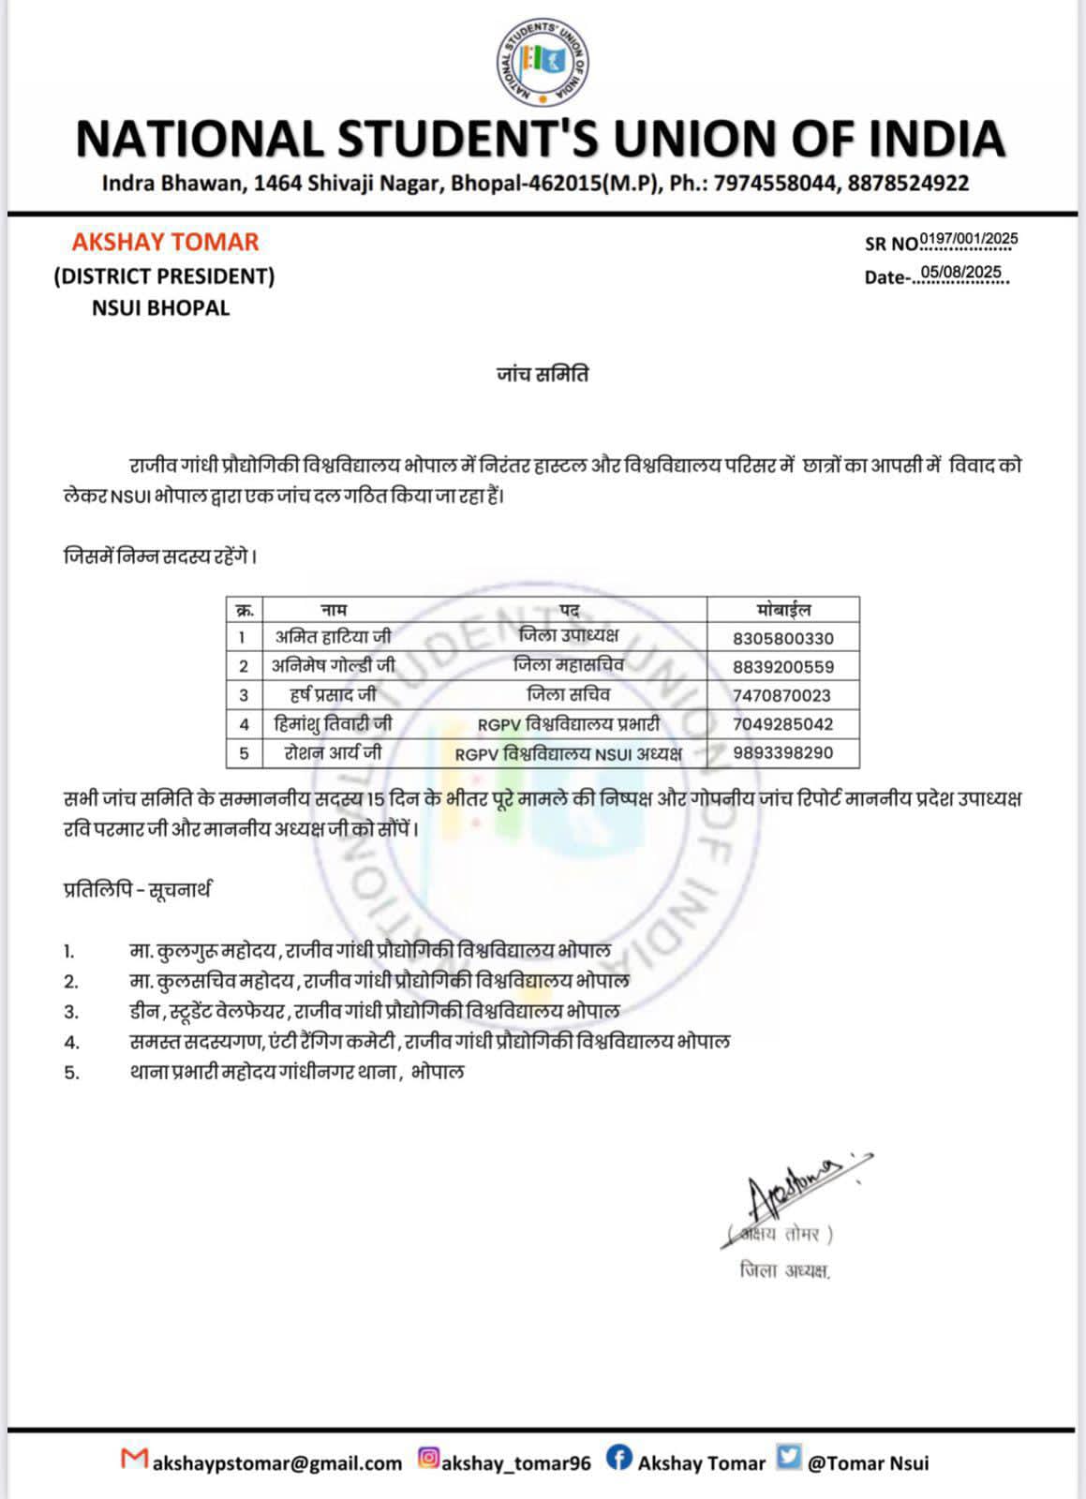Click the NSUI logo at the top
[542, 63]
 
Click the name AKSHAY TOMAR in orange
[166, 242]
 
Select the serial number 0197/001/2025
[969, 239]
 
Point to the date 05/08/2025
[960, 273]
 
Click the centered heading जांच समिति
[543, 375]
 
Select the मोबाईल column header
[782, 610]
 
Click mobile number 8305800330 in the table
[782, 639]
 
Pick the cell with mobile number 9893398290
[782, 753]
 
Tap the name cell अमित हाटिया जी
[334, 637]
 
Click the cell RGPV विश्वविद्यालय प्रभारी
[569, 724]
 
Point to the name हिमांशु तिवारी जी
[334, 724]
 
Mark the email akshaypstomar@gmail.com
[276, 1462]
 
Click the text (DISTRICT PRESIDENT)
[164, 275]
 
